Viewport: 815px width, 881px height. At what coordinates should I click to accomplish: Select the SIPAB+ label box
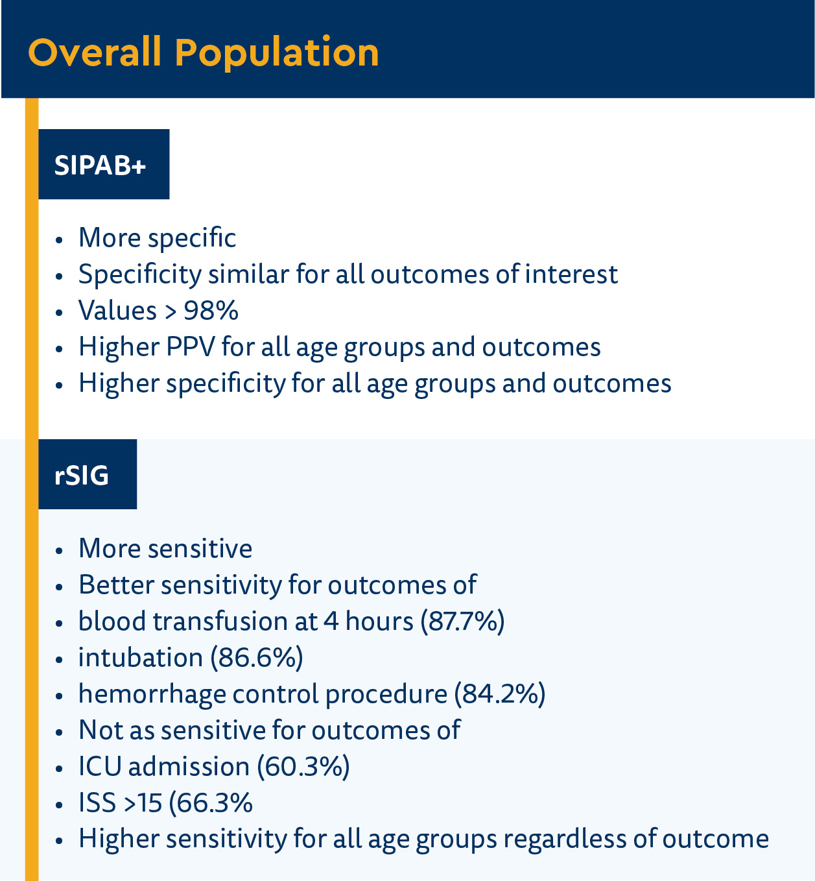[x=104, y=165]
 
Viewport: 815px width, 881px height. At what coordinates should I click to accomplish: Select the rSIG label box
[x=88, y=475]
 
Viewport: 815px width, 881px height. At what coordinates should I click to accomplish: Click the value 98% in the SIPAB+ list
[x=211, y=311]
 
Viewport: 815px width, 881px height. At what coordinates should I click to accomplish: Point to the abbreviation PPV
[x=191, y=347]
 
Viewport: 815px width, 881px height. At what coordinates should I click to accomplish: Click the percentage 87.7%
[x=462, y=622]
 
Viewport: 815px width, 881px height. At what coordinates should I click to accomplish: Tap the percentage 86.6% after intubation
[x=257, y=658]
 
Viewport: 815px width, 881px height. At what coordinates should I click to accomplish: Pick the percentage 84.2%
[x=499, y=694]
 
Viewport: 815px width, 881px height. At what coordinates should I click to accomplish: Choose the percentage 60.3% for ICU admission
[x=303, y=767]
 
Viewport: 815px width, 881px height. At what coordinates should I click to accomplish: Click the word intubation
[x=140, y=658]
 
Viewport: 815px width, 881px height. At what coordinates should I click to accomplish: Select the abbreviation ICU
[x=100, y=767]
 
